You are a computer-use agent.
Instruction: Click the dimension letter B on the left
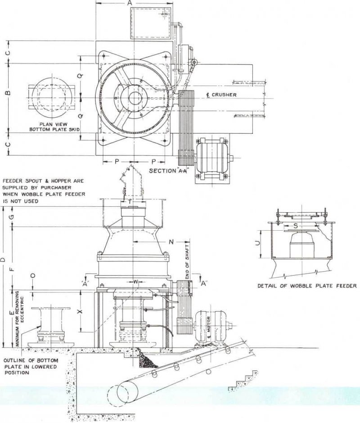[x=7, y=93]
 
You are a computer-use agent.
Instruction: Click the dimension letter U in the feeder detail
[x=257, y=243]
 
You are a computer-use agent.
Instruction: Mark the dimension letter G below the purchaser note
[x=12, y=217]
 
